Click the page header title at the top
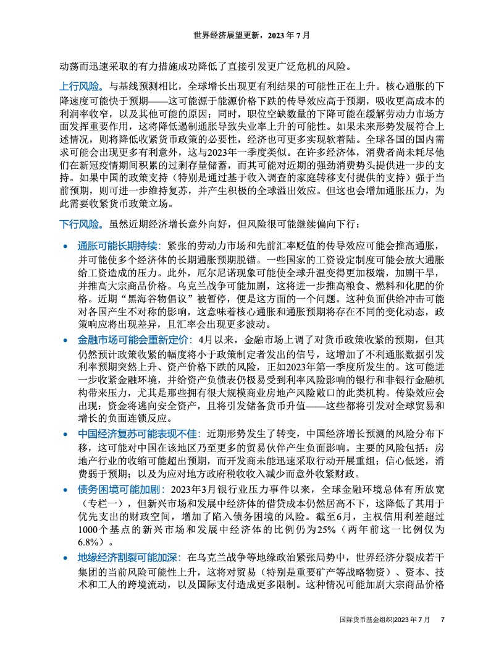pos(252,36)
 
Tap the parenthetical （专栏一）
pos(103,503)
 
